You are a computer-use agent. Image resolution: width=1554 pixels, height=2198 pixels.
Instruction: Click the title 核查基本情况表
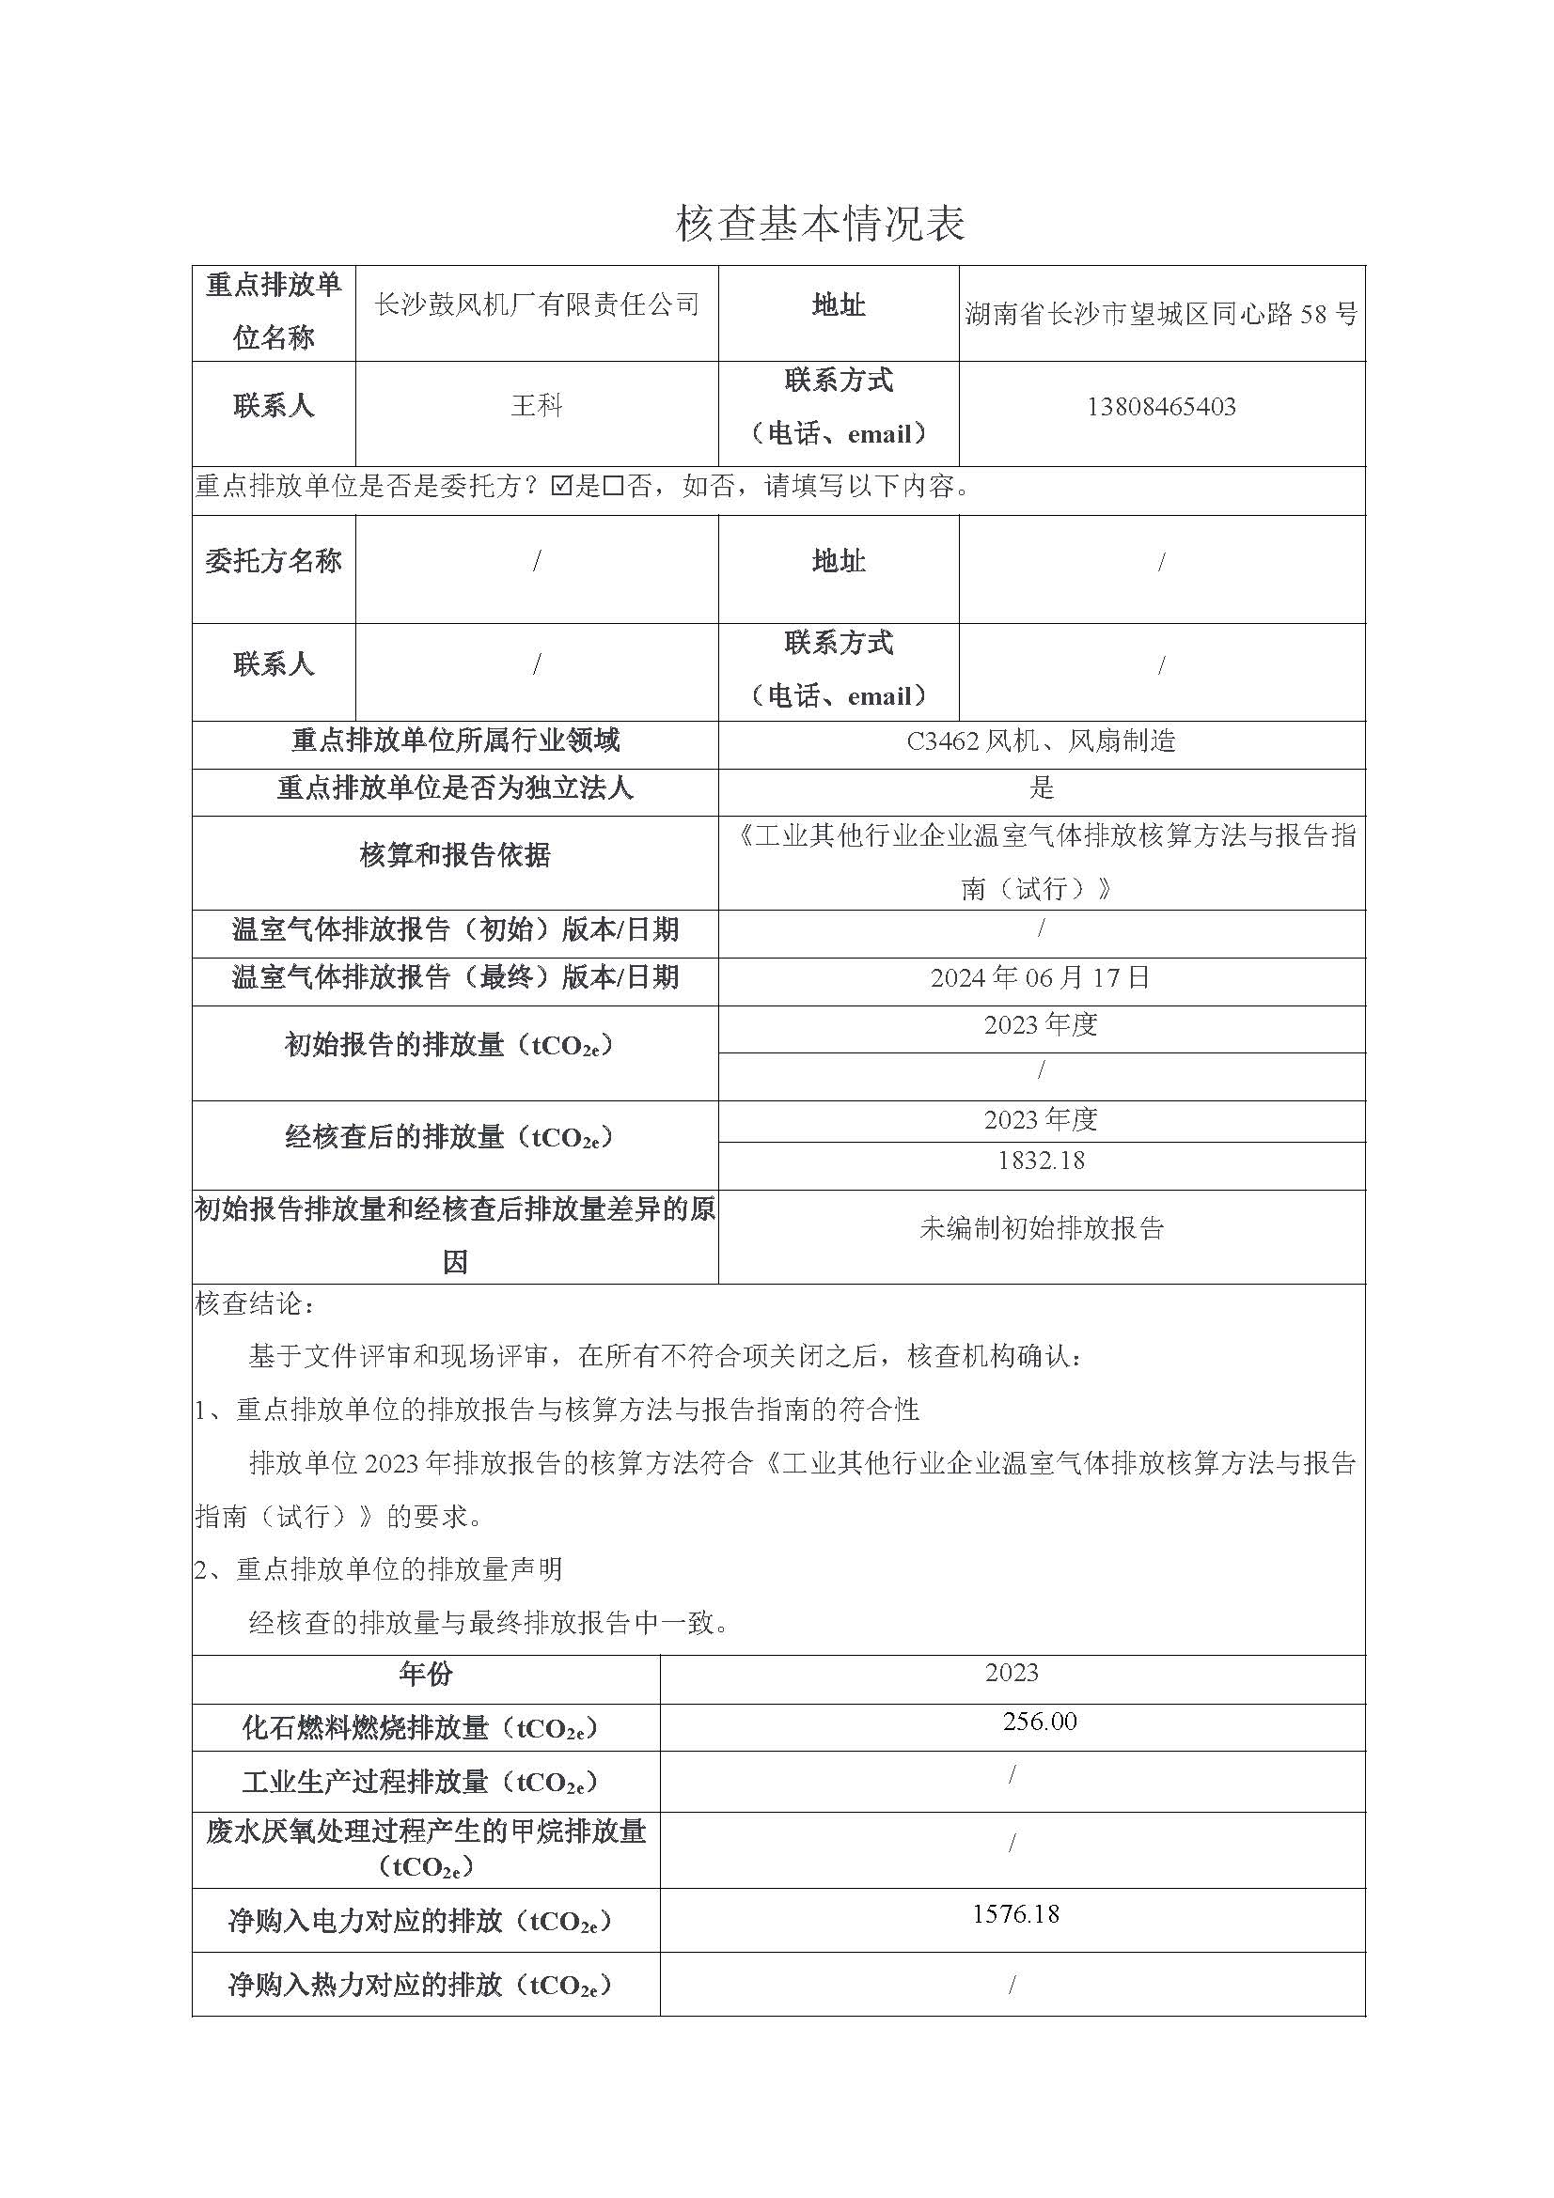[x=821, y=224]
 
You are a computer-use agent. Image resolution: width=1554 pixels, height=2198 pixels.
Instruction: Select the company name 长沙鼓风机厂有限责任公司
[x=536, y=305]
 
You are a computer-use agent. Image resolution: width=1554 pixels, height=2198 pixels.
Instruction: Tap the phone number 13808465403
[x=1160, y=407]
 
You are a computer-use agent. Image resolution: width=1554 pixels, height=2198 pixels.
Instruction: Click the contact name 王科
[x=536, y=406]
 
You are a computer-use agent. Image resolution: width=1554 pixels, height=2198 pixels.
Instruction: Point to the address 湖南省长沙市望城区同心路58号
[x=1160, y=313]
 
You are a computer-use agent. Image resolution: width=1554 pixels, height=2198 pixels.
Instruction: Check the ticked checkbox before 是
[x=562, y=487]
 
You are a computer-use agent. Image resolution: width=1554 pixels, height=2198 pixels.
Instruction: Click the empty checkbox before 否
[x=614, y=487]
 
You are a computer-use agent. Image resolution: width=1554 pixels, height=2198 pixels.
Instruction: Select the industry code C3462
[x=942, y=740]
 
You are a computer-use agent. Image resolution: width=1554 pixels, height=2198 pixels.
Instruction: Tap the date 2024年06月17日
[x=1040, y=977]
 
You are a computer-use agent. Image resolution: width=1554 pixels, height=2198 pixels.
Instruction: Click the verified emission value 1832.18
[x=1040, y=1161]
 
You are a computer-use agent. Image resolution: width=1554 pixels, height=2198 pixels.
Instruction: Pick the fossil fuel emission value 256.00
[x=1039, y=1722]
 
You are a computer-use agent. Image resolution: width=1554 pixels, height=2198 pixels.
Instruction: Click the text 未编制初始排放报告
[x=1041, y=1228]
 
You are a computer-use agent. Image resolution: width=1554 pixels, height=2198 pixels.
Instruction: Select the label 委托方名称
[x=273, y=561]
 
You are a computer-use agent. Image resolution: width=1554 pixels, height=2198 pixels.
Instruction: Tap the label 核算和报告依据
[x=455, y=855]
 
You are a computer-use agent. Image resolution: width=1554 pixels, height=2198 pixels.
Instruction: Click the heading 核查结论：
[x=255, y=1304]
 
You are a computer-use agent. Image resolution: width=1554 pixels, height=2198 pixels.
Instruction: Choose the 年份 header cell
[x=425, y=1675]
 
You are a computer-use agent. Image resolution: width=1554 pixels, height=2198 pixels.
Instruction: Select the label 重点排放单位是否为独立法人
[x=455, y=787]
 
